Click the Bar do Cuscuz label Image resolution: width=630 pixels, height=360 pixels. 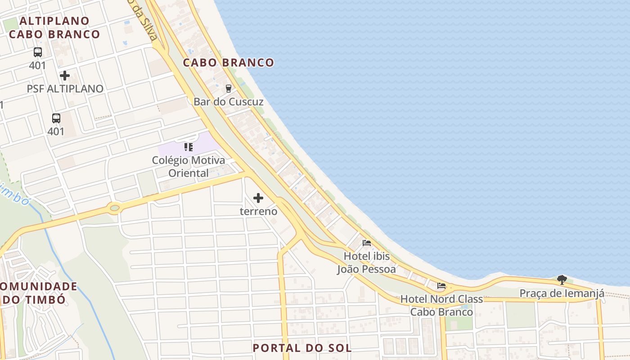pyautogui.click(x=228, y=102)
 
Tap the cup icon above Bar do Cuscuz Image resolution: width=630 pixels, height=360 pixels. pyautogui.click(x=229, y=88)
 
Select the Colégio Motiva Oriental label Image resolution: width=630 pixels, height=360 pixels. pyautogui.click(x=189, y=166)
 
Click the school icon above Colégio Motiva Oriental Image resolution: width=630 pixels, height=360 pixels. pyautogui.click(x=189, y=147)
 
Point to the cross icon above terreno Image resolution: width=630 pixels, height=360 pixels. pyautogui.click(x=258, y=198)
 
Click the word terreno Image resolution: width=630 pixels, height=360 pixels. pyautogui.click(x=258, y=211)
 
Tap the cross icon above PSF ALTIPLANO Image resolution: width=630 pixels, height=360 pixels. pyautogui.click(x=65, y=75)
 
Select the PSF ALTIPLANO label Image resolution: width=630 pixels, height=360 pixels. pyautogui.click(x=65, y=89)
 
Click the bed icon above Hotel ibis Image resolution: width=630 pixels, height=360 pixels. pyautogui.click(x=367, y=243)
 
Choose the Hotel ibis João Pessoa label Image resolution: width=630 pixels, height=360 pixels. pyautogui.click(x=367, y=263)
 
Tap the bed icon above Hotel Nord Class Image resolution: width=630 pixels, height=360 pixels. pyautogui.click(x=441, y=286)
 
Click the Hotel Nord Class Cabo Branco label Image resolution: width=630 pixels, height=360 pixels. pyautogui.click(x=441, y=305)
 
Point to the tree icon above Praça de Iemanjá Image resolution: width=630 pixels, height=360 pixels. pyautogui.click(x=562, y=280)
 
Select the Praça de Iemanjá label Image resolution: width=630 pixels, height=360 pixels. pyautogui.click(x=562, y=293)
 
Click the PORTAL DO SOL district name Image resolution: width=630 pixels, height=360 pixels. pyautogui.click(x=302, y=348)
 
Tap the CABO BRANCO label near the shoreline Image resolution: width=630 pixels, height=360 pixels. pyautogui.click(x=228, y=63)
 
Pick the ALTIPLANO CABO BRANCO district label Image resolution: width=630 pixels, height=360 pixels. pyautogui.click(x=54, y=27)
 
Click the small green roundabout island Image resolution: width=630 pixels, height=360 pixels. pyautogui.click(x=115, y=208)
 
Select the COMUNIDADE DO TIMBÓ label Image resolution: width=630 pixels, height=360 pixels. pyautogui.click(x=38, y=293)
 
